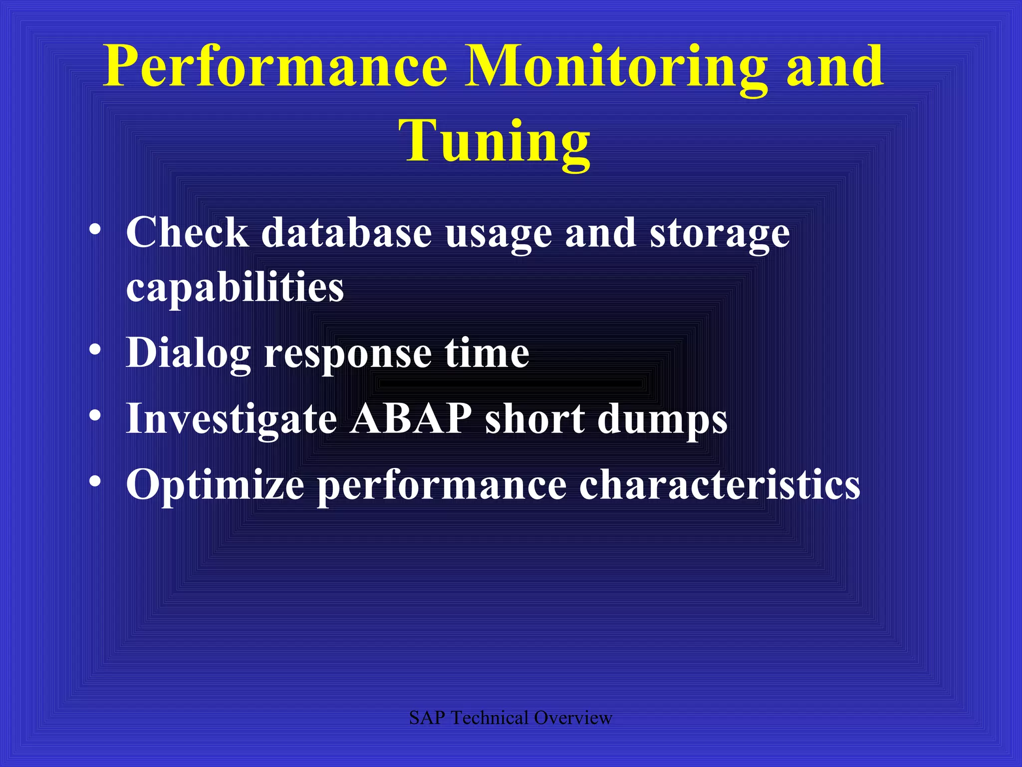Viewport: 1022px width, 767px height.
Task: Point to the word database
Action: (x=346, y=233)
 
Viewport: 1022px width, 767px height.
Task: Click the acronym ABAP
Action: (x=410, y=418)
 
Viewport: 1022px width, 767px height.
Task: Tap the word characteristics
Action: (x=719, y=484)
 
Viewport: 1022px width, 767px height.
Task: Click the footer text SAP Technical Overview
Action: (x=511, y=718)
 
